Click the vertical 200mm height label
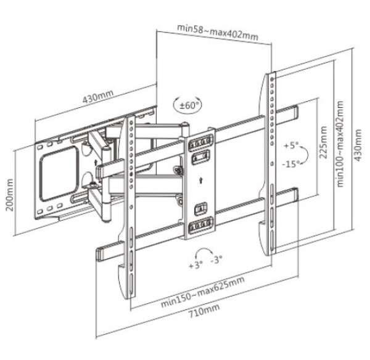click(9, 195)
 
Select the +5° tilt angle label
click(290, 146)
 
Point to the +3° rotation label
click(195, 266)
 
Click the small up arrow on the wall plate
click(98, 162)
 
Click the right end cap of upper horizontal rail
click(295, 113)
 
